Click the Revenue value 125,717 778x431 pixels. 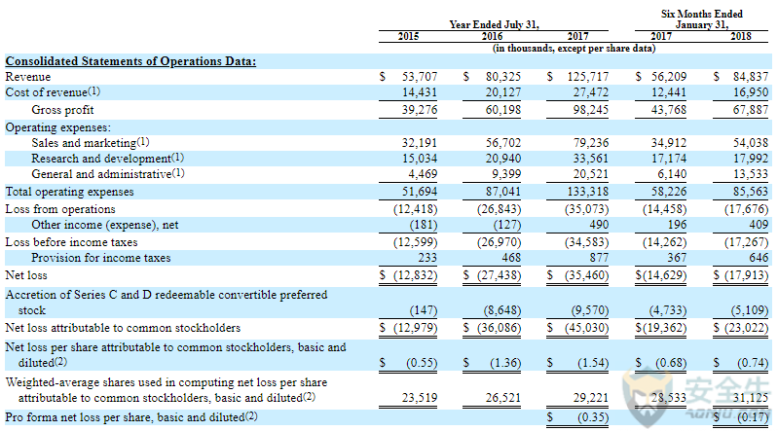tap(588, 77)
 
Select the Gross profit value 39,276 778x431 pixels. tap(420, 110)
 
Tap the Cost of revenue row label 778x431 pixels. tap(53, 92)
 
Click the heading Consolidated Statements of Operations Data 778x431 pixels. tap(130, 61)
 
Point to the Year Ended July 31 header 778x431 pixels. tap(494, 24)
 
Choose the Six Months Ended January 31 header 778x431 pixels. tap(702, 19)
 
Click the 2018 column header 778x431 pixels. tap(740, 36)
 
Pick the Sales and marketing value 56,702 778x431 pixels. tap(503, 143)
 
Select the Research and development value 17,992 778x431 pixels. tap(751, 159)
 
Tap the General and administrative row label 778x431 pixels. tap(108, 174)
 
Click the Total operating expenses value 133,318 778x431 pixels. tap(588, 192)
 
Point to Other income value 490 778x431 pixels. tap(599, 225)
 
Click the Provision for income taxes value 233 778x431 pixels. tap(427, 258)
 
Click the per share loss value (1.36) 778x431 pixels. tap(505, 363)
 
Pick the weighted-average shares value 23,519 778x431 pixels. tap(420, 398)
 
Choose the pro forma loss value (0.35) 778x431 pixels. tap(593, 417)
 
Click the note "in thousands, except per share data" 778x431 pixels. tap(574, 48)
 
